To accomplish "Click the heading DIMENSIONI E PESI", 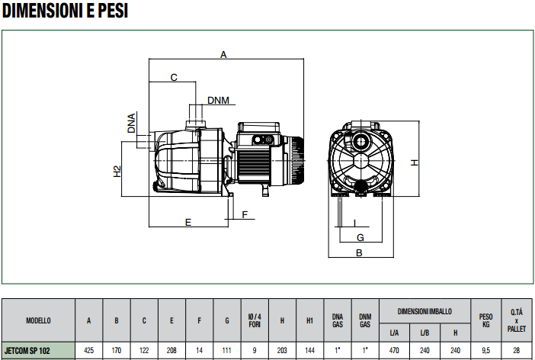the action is [65, 10].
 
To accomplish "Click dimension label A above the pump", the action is [223, 54].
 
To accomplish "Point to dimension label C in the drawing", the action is [174, 78].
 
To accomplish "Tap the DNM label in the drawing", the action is [219, 101].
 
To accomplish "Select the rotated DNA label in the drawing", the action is [131, 124].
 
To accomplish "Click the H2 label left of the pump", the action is [117, 172].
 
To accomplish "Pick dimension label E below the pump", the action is [188, 223].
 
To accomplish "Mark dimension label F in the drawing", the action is [245, 215].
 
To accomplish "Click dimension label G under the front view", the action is [360, 237].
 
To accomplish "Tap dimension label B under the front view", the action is [359, 252].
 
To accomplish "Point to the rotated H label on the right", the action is [415, 162].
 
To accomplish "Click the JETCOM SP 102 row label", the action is [27, 351].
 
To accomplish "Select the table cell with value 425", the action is [88, 350].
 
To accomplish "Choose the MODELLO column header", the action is [38, 320].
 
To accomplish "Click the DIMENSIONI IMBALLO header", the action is [424, 311].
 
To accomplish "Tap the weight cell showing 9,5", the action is [486, 350].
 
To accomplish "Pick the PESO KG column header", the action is [486, 320].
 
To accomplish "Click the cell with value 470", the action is [394, 350].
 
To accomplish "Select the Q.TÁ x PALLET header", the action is [517, 320].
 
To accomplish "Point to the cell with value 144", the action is [310, 350].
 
